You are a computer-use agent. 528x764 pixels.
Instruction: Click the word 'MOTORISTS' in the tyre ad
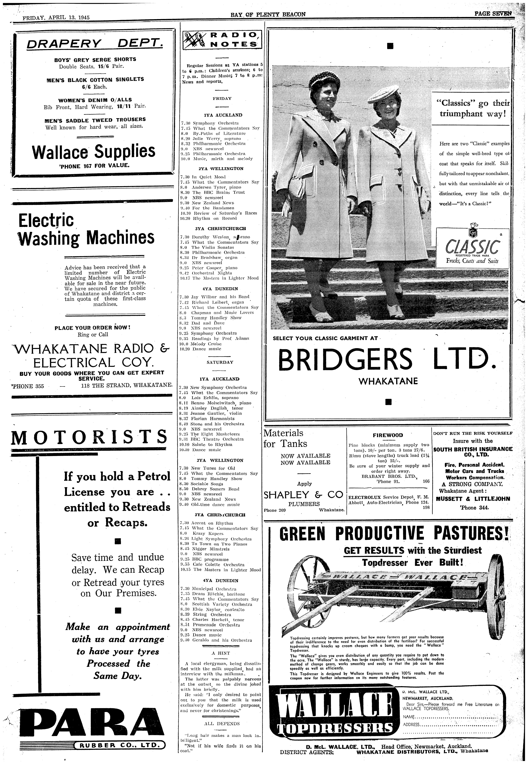pos(89,437)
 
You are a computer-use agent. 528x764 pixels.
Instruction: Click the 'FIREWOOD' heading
pos(388,435)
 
